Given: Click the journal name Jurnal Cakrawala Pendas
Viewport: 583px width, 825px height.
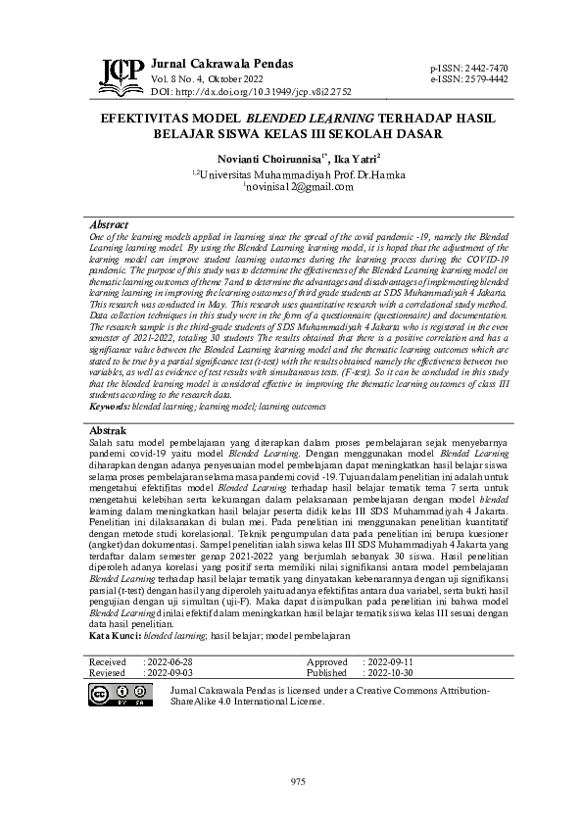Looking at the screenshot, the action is [x=221, y=64].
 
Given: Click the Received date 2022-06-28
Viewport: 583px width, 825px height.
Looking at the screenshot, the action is [x=170, y=662].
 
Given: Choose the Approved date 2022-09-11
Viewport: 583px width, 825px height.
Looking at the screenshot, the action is [x=389, y=662].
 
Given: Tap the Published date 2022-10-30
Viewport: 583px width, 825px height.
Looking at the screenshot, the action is [x=389, y=674].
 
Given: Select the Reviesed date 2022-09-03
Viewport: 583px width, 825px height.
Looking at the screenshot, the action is [x=170, y=674].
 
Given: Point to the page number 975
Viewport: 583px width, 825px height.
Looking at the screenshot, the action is [x=299, y=780].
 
